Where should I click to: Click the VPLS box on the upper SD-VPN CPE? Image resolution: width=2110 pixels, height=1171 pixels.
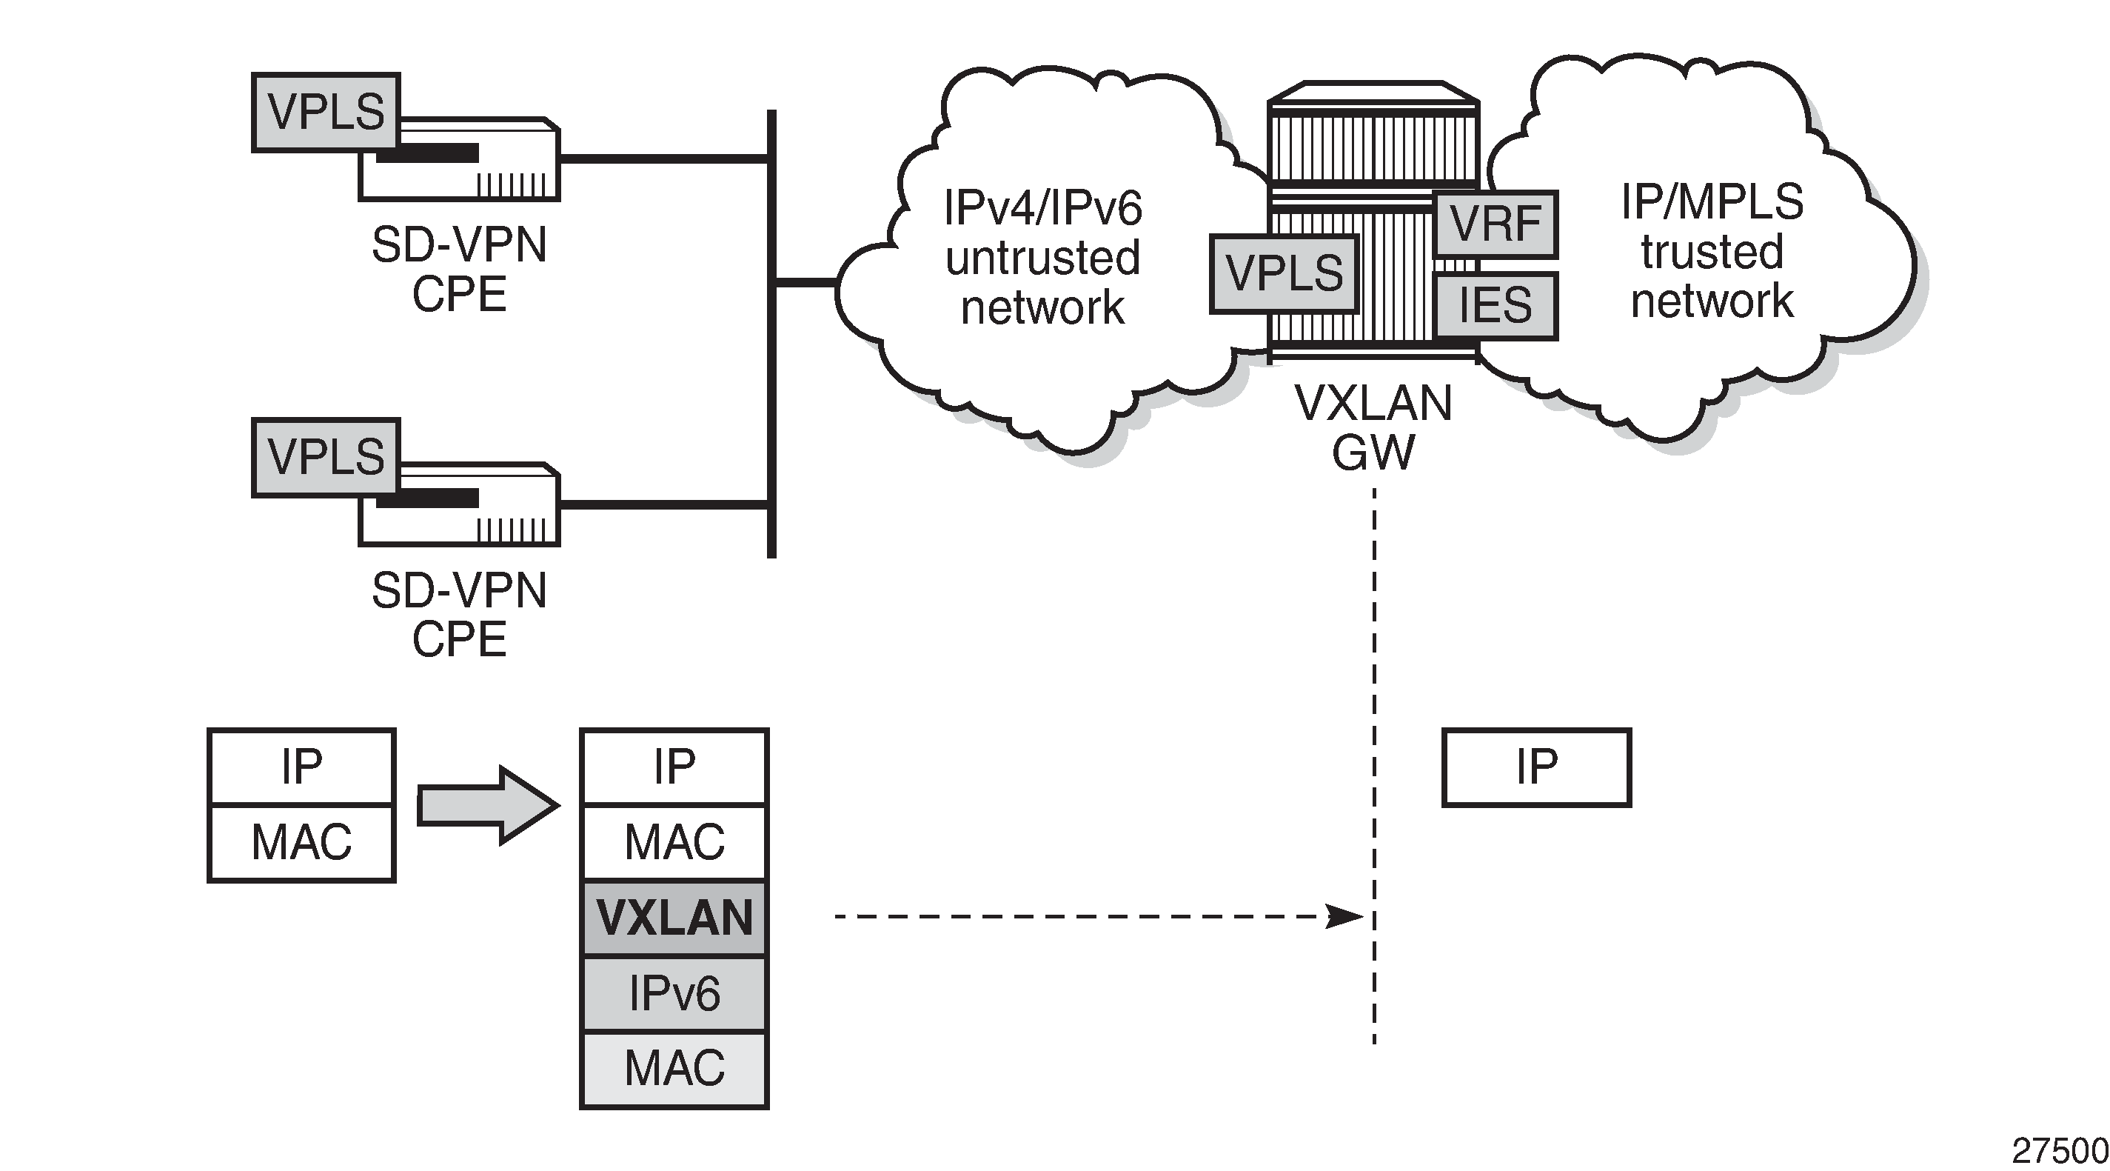325,113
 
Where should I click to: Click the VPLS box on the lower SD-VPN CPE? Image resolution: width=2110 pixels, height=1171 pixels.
325,457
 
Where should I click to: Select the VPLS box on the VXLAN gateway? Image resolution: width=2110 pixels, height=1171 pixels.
1284,273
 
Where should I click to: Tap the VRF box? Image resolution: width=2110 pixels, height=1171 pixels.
1495,224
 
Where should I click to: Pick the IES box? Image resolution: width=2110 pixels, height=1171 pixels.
1495,306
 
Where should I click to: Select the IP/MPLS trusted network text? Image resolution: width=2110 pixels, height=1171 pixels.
1712,251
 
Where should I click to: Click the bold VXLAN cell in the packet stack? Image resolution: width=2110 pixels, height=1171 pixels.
674,918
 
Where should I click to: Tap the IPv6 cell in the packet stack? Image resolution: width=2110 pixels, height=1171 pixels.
674,993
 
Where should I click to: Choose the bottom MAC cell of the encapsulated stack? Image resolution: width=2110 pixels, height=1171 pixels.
674,1069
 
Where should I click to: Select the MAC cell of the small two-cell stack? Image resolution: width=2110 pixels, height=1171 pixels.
301,842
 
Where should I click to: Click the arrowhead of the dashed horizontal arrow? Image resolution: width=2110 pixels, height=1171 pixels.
1345,916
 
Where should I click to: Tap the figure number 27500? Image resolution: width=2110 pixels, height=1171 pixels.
2059,1151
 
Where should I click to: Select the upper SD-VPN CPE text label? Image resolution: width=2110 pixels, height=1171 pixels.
459,269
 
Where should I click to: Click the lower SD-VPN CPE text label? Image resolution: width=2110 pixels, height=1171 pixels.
459,615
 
